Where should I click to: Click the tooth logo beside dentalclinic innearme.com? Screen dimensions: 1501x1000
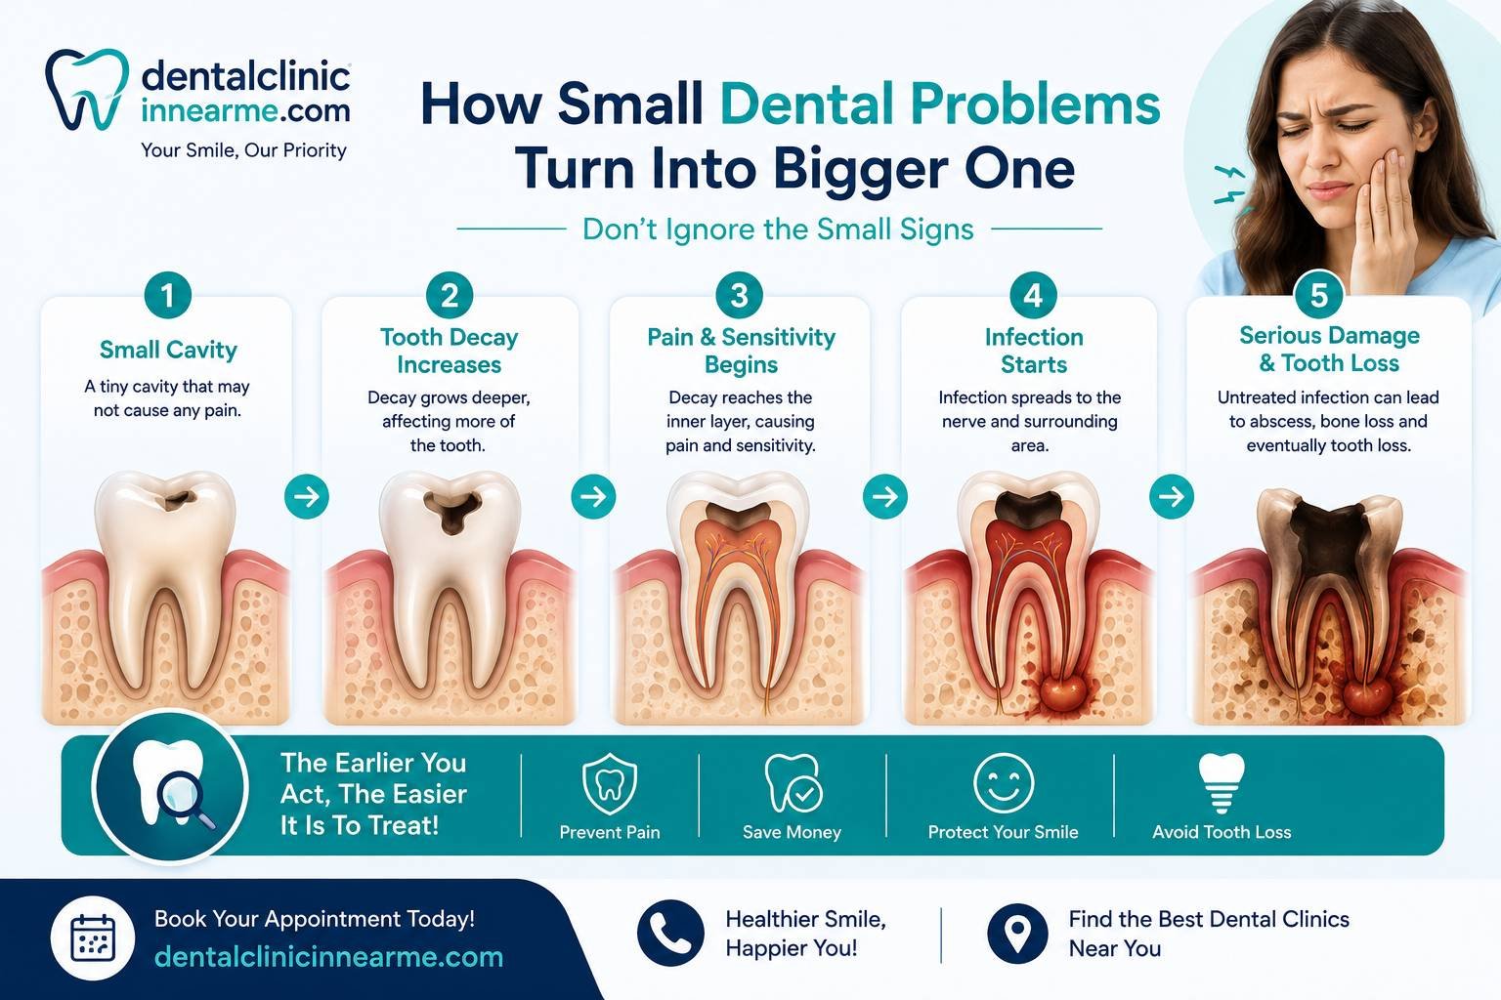87,89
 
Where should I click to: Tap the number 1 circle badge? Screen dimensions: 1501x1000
167,295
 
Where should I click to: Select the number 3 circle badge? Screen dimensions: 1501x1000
739,295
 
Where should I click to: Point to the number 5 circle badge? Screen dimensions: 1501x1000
1318,295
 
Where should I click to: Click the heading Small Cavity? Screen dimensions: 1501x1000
168,350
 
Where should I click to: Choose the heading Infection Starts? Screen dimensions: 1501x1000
1034,351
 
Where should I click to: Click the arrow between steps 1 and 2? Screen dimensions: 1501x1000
307,496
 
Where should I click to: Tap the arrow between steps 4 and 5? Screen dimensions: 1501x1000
1172,496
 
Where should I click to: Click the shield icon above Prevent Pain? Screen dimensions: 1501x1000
609,783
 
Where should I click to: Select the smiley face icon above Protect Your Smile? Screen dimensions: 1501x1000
1004,783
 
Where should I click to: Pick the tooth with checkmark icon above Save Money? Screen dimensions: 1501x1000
793,783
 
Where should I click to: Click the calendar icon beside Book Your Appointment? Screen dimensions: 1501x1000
93,937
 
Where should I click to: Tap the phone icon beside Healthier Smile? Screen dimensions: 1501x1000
670,933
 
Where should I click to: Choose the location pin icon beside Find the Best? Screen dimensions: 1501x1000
1017,934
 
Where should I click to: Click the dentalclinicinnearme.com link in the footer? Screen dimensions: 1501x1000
328,956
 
